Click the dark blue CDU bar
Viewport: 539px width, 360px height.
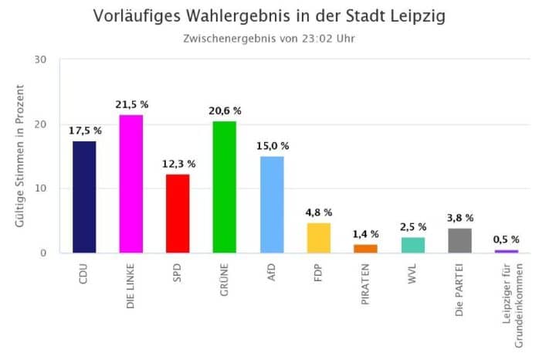84,197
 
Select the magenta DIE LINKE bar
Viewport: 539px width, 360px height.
131,184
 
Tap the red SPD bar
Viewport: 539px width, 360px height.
178,213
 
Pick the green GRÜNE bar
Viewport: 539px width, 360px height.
225,187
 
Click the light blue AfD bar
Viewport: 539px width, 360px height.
272,205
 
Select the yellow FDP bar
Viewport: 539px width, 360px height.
319,238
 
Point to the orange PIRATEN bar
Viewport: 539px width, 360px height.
366,249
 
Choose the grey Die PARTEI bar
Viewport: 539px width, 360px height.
459,241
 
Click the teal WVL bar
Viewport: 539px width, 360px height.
413,245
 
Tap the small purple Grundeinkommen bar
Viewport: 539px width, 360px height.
507,251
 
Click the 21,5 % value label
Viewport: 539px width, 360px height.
131,104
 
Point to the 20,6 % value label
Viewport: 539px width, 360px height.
225,110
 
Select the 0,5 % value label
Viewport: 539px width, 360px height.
507,239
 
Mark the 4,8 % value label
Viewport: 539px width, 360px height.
319,212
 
